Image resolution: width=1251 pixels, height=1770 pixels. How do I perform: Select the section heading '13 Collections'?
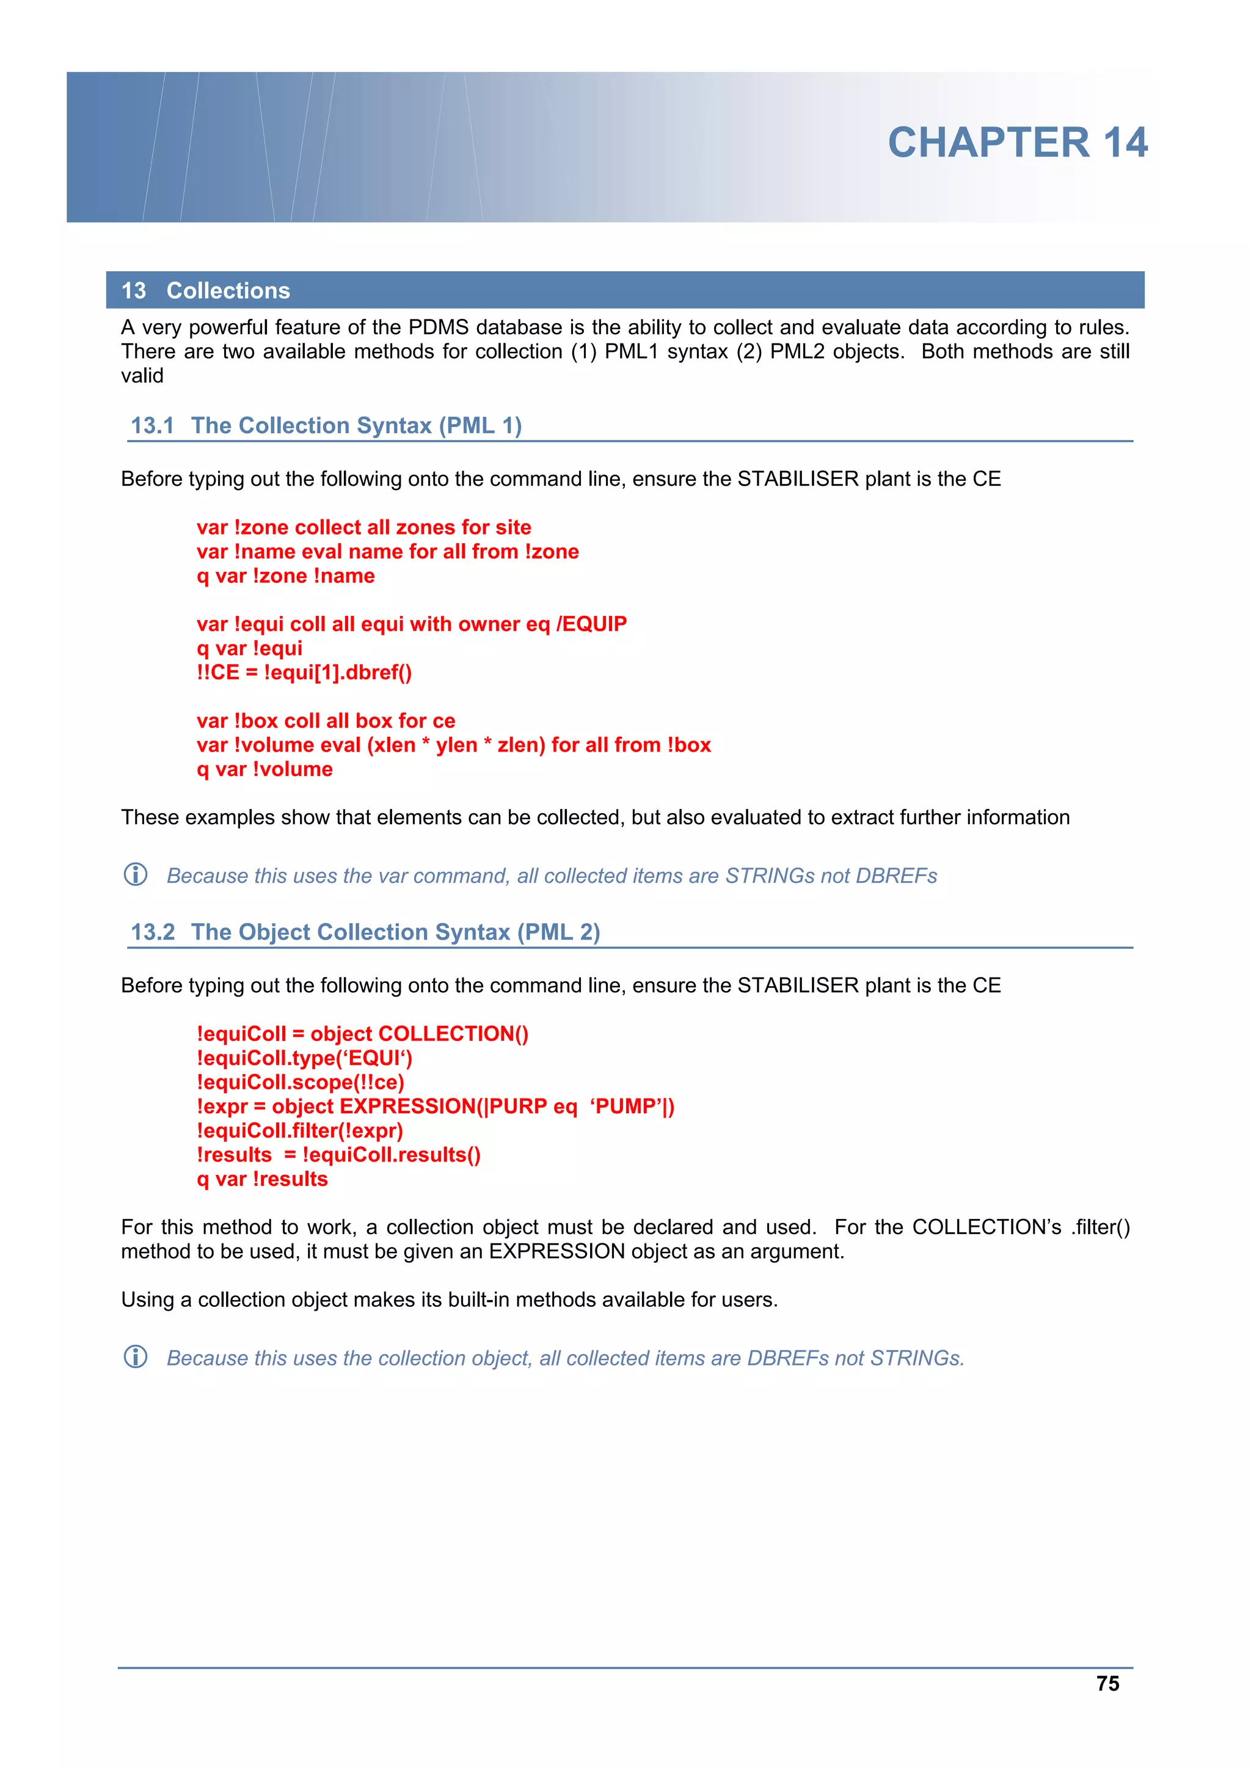click(205, 291)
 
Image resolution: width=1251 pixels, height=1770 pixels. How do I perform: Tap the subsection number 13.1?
click(152, 425)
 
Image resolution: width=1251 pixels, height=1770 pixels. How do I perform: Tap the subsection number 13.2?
click(153, 932)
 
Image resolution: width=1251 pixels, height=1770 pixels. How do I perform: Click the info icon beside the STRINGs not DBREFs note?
click(136, 874)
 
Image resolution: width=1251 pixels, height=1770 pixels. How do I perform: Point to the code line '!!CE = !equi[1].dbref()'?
click(304, 672)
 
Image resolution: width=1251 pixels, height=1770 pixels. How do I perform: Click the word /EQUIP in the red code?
click(591, 624)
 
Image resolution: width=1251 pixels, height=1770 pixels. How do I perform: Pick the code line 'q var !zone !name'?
click(285, 576)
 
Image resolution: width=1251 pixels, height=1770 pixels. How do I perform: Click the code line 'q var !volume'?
click(264, 769)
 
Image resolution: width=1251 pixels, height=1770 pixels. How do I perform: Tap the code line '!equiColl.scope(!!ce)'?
click(300, 1083)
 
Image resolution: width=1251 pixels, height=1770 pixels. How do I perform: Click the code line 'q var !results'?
click(262, 1179)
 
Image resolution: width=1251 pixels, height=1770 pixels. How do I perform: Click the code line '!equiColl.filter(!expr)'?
click(299, 1131)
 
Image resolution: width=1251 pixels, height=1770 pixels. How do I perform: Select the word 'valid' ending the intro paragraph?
click(142, 376)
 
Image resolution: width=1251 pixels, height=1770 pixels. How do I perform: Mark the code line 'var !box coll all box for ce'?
click(326, 721)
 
